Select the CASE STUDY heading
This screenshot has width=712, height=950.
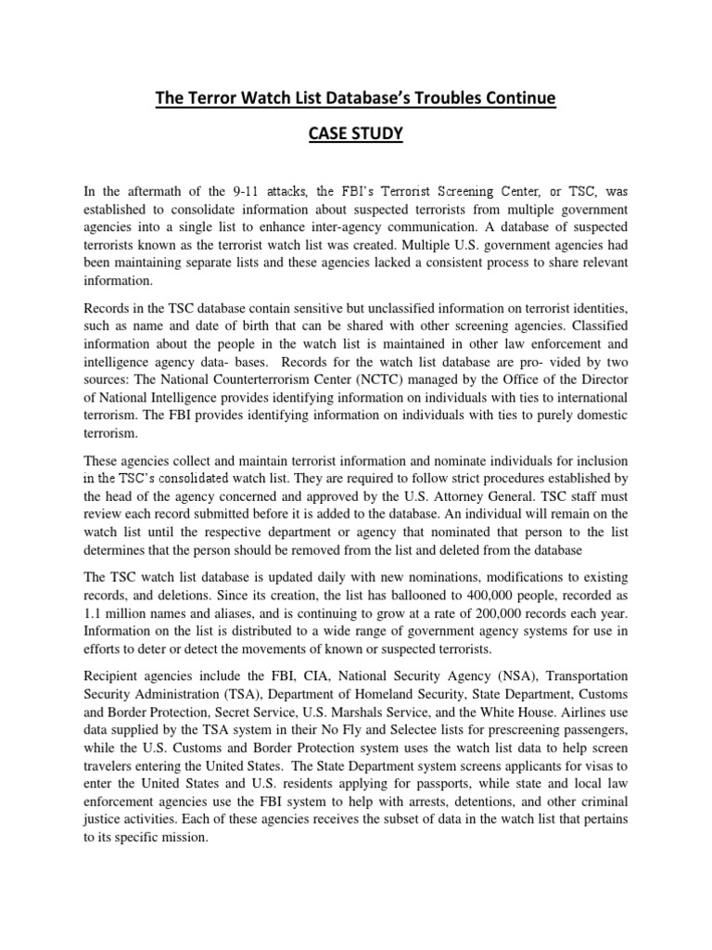click(x=355, y=135)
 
